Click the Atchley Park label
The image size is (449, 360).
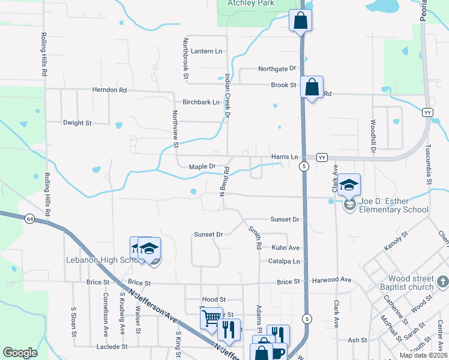[250, 3]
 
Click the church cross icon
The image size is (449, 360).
[442, 281]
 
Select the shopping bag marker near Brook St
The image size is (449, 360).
[312, 87]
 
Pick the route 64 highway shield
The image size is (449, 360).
[29, 219]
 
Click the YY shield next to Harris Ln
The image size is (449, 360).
[322, 157]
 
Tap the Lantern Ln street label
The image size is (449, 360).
[207, 52]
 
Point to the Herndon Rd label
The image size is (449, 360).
[110, 90]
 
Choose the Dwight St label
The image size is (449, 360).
[77, 123]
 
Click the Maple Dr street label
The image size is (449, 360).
[202, 166]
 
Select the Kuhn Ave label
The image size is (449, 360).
[286, 248]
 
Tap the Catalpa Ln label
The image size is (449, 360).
[284, 261]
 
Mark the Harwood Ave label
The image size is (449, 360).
[330, 280]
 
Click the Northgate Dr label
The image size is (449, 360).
[277, 69]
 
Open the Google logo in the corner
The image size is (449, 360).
[20, 353]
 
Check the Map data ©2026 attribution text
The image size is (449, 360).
[423, 355]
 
